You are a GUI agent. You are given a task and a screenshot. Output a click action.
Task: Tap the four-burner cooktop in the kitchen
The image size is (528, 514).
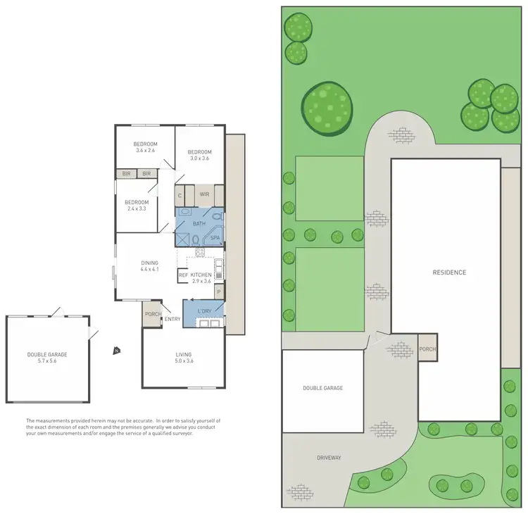click(200, 251)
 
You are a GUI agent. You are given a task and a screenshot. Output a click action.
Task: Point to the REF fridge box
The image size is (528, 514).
click(183, 275)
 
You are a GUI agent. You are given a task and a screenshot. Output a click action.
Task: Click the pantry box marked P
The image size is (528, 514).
click(219, 292)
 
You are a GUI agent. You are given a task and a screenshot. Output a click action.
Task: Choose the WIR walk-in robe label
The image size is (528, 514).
click(205, 194)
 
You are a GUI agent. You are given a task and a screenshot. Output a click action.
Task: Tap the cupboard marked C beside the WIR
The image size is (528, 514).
click(180, 195)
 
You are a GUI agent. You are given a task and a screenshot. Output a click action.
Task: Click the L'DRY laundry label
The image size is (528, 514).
click(205, 311)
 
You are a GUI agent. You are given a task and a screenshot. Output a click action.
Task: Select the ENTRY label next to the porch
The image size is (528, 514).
click(172, 319)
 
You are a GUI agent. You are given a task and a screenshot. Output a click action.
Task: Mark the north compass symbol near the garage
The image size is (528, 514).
click(115, 349)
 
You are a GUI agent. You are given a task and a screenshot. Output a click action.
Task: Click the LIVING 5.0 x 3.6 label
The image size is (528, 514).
click(184, 358)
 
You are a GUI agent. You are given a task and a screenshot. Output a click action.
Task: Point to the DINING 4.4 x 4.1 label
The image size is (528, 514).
click(149, 266)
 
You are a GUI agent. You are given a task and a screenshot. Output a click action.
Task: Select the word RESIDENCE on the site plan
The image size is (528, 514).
click(449, 272)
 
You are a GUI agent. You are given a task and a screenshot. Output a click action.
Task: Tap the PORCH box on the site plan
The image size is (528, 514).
click(427, 349)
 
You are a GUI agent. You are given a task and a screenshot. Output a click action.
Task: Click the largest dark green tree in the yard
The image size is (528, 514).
click(326, 108)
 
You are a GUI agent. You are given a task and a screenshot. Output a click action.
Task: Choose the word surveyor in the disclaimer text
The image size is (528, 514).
click(179, 433)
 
